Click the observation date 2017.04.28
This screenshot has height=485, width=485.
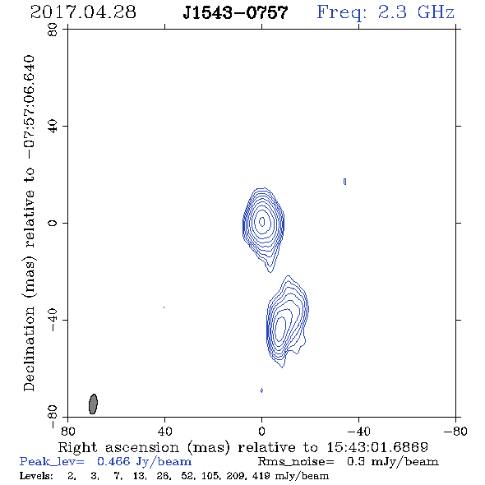pos(83,12)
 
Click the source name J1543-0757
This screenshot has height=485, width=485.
pos(235,13)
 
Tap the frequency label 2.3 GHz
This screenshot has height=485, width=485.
pos(416,12)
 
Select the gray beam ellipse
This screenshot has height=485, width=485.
pos(93,404)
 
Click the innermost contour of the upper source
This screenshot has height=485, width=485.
pos(262,221)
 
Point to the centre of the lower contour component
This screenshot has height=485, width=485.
pos(288,321)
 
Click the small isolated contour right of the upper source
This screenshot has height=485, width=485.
pos(345,182)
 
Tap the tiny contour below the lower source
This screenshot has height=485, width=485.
pos(261,390)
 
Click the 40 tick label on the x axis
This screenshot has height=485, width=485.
pos(164,431)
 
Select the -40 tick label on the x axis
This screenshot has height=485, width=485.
pos(358,431)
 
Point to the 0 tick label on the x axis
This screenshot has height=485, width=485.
pos(261,431)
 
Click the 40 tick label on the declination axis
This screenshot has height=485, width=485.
pos(53,127)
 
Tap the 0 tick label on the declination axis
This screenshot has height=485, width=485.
pos(53,223)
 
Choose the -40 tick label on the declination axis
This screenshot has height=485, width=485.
pos(53,320)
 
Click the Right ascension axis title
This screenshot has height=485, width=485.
pos(242,447)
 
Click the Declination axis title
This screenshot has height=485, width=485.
pos(29,224)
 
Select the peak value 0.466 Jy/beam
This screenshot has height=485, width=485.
pos(144,462)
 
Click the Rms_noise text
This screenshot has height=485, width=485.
pos(296,462)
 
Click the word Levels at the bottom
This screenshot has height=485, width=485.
pos(36,476)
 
